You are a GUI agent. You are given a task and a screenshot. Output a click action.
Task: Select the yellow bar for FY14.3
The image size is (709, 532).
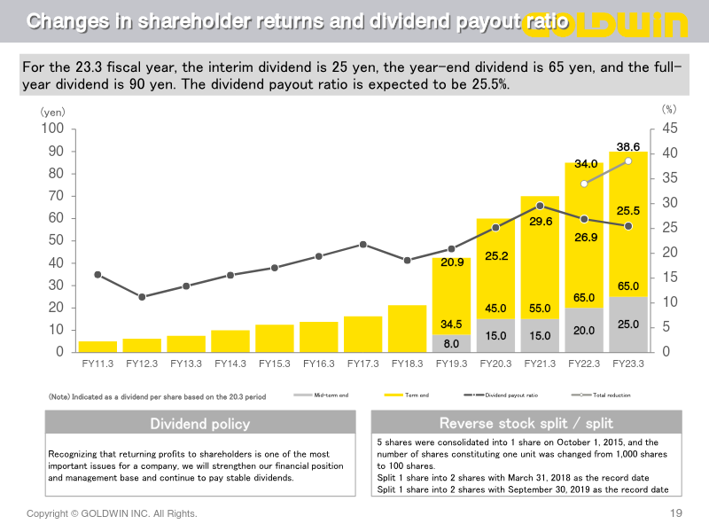[230, 341]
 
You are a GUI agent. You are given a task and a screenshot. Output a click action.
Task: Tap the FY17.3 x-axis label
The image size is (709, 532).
[363, 363]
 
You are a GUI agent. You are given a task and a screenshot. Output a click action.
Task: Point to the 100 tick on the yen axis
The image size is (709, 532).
[53, 129]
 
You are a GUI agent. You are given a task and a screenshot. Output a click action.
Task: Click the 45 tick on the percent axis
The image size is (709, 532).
[670, 129]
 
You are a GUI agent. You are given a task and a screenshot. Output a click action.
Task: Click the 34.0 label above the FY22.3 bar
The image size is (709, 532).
[585, 164]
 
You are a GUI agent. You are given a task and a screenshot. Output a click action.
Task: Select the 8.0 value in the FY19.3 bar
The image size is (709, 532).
[451, 343]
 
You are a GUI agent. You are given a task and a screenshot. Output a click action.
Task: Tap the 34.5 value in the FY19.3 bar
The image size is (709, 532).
[451, 325]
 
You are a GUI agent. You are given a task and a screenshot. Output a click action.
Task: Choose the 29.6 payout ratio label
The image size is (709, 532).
[540, 222]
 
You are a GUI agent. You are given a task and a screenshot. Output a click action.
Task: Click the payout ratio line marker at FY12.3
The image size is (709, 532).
[142, 296]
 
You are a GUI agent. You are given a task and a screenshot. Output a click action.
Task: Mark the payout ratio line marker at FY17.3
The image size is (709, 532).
[363, 244]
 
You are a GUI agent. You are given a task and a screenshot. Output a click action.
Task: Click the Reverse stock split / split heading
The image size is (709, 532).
[526, 423]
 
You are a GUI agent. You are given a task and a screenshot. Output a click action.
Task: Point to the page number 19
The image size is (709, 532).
[676, 513]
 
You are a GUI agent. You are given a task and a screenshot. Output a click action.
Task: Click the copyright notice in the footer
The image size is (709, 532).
[112, 513]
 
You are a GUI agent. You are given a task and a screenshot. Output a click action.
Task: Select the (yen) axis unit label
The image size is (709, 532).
[52, 113]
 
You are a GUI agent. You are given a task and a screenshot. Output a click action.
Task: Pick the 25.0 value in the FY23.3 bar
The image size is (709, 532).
[628, 325]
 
